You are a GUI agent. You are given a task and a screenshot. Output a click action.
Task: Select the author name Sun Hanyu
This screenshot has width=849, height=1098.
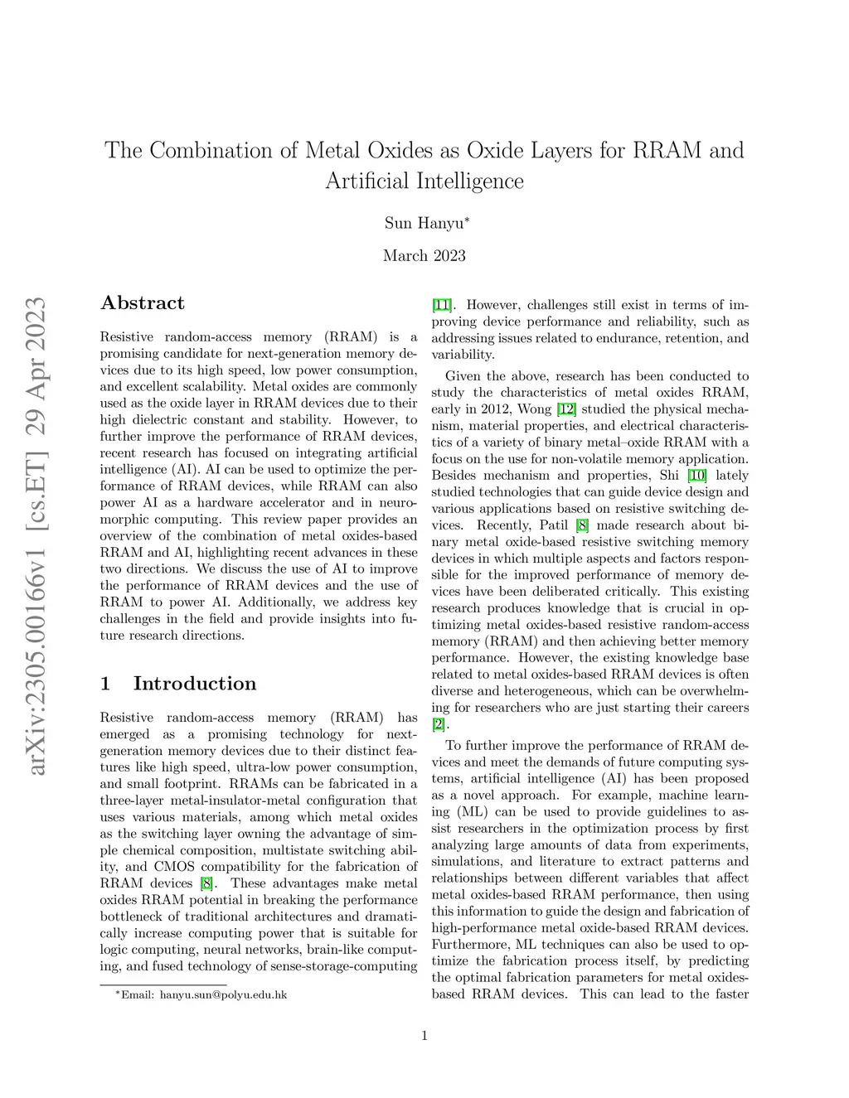[424, 223]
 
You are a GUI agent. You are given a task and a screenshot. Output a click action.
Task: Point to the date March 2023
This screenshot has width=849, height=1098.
[424, 255]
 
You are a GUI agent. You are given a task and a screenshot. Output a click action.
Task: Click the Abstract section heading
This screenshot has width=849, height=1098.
[143, 303]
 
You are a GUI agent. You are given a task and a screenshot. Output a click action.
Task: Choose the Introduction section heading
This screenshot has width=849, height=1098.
[195, 684]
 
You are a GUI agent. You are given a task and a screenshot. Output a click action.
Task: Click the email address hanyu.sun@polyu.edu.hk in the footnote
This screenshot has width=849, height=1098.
[223, 994]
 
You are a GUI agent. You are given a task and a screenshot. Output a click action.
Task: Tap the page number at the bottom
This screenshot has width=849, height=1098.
[424, 1035]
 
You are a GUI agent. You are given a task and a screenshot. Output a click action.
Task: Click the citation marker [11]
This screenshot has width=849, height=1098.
[443, 305]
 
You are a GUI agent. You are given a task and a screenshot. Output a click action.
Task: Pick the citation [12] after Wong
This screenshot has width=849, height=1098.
[566, 409]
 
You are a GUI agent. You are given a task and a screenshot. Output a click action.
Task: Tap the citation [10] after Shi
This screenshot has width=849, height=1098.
[696, 476]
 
